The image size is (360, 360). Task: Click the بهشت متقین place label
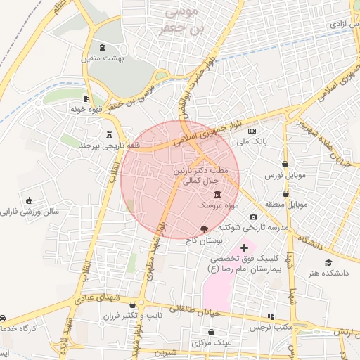click(103, 59)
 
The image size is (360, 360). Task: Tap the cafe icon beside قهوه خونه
click(86, 99)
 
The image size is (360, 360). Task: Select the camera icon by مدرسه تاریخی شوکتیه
click(254, 217)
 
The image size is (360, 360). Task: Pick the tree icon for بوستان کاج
click(204, 229)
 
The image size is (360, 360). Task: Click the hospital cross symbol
click(244, 247)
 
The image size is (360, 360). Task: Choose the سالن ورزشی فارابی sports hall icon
click(29, 200)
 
